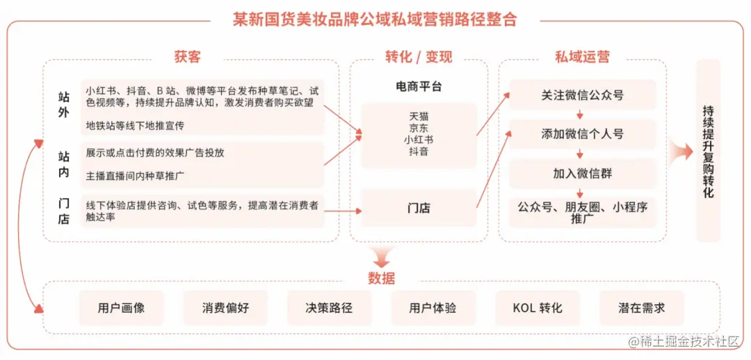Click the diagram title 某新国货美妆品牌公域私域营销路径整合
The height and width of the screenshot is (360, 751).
point(375,19)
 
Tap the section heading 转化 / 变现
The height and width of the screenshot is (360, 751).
point(418,57)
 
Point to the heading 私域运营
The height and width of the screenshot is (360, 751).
point(582,57)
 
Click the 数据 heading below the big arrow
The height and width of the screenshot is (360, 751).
point(381,279)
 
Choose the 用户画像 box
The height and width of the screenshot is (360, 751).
point(121,308)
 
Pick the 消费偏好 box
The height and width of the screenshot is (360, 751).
point(225,308)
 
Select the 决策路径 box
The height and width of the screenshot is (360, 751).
point(329,308)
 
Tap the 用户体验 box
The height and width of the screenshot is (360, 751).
point(433,308)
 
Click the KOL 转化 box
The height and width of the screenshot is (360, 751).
point(537,308)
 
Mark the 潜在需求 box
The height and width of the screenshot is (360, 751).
point(641,308)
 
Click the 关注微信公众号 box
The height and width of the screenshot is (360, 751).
point(582,95)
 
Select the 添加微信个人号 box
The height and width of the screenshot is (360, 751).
point(582,134)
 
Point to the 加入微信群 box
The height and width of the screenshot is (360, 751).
point(582,174)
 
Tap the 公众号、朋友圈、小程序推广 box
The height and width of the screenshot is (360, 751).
point(582,213)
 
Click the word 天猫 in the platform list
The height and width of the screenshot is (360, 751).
point(419,116)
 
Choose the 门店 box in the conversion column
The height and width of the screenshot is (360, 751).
point(419,208)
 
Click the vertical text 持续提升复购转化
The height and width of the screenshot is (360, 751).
point(708,152)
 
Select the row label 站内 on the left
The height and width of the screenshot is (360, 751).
point(63,165)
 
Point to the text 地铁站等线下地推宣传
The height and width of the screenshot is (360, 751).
point(136,126)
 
